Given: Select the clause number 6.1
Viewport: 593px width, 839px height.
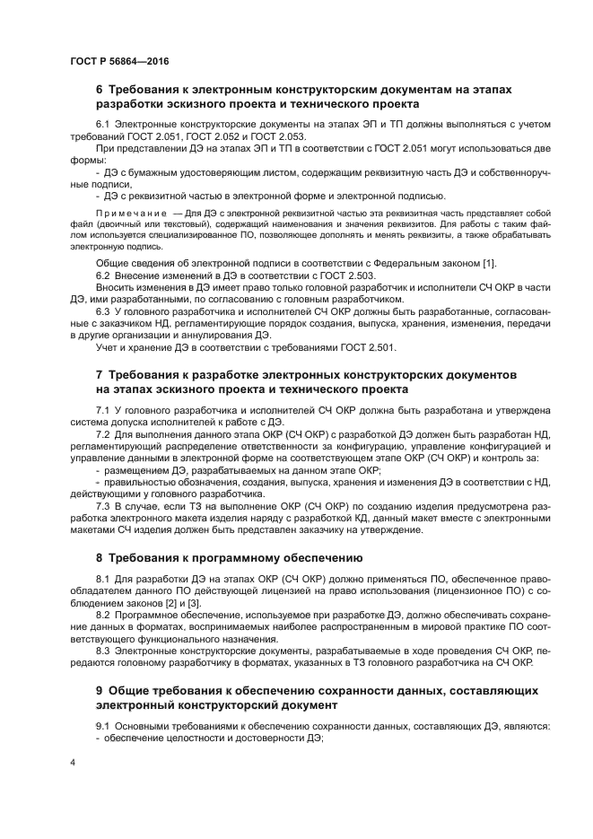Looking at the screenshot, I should click(x=101, y=123).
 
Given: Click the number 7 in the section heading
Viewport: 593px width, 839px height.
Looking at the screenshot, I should click(x=100, y=372).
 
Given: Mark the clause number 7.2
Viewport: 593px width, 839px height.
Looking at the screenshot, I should click(x=101, y=433).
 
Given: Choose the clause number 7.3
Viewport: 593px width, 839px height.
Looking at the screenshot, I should click(x=101, y=507).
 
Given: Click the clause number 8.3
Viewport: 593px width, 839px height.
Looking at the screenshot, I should click(x=101, y=649).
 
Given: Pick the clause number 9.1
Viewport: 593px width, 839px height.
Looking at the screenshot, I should click(x=101, y=724).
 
